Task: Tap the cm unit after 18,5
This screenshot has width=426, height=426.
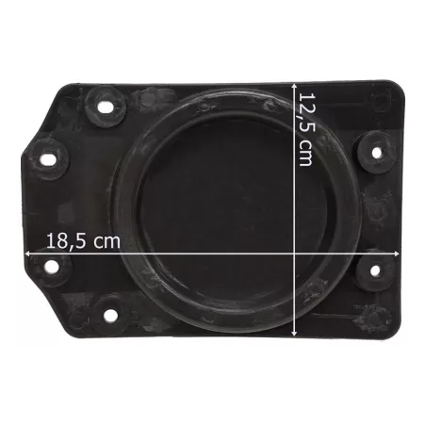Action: tap(107, 242)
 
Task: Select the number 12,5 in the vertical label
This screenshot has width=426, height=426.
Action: tap(306, 112)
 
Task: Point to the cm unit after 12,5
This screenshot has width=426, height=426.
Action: tap(306, 153)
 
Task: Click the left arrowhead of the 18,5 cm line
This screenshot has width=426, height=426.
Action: tap(27, 254)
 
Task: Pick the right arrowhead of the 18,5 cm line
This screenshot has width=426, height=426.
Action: tap(397, 254)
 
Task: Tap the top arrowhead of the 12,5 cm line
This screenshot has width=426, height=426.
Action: tap(294, 87)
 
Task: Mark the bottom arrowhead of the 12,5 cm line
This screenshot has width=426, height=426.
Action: tap(294, 333)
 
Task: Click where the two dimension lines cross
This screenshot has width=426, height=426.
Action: tap(294, 254)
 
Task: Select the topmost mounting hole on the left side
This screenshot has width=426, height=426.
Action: tap(106, 107)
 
